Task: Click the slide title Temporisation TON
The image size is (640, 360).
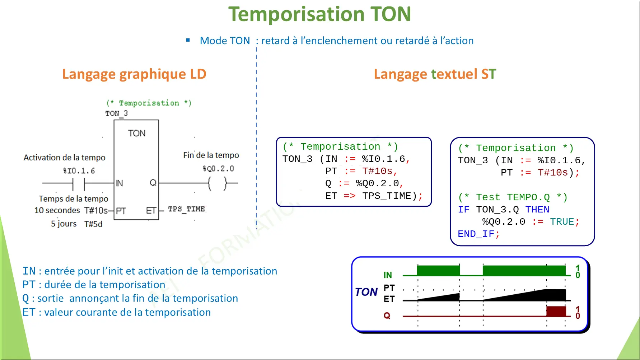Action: [319, 14]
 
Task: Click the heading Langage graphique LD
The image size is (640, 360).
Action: [134, 74]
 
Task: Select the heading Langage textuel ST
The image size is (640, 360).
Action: [435, 74]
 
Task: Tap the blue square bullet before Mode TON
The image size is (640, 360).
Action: [188, 40]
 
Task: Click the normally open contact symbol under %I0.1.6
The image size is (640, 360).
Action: [79, 184]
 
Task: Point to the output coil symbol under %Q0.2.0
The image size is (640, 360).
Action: [217, 183]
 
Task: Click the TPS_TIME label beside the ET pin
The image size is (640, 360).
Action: [186, 209]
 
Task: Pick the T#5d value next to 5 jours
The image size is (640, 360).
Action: [93, 224]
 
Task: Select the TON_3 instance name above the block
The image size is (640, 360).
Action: [116, 113]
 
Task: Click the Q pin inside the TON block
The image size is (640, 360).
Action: [153, 183]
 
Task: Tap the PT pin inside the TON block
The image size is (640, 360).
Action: [121, 211]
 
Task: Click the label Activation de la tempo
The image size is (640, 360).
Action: [65, 158]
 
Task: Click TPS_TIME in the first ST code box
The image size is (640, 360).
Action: [387, 196]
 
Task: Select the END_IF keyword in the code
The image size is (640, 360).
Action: [476, 234]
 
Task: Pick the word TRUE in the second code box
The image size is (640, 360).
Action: [562, 222]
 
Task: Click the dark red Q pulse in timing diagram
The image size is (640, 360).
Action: [556, 311]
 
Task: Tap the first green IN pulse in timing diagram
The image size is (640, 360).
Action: [438, 270]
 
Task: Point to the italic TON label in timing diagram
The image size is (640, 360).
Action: [366, 292]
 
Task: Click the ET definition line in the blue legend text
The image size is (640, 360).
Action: [116, 312]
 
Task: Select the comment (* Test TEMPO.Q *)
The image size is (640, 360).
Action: [513, 197]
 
